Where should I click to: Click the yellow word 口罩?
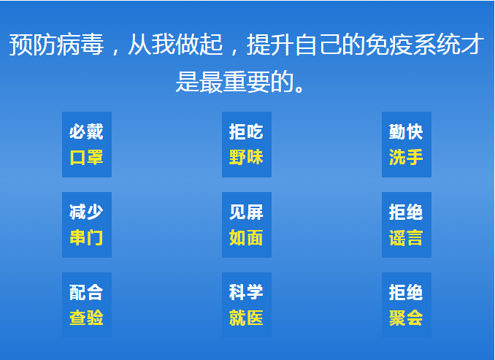(86, 157)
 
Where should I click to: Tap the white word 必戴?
(86, 131)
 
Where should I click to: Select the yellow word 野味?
(246, 157)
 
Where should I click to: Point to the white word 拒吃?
(246, 131)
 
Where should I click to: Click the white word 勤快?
(406, 131)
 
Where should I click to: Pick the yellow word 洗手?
(406, 157)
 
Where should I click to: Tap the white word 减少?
(86, 212)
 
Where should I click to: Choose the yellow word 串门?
(86, 237)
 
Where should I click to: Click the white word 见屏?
(246, 212)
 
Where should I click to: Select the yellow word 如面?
(246, 237)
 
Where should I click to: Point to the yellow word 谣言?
(406, 237)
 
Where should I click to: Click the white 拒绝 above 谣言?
(406, 212)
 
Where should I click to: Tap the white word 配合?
(86, 292)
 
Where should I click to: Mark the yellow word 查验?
(86, 318)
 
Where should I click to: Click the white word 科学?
(246, 292)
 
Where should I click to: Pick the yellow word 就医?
(246, 318)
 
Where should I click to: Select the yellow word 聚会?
(406, 318)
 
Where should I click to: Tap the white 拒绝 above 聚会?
(406, 292)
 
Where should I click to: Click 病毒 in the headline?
(80, 45)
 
